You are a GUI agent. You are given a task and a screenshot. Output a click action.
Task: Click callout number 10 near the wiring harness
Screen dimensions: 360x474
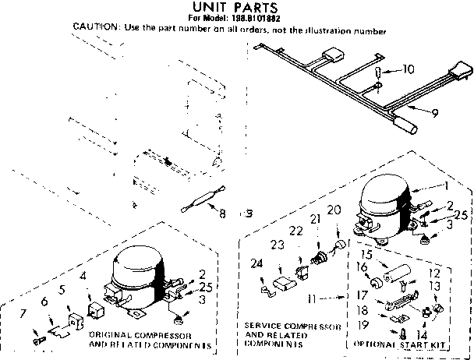click(407, 70)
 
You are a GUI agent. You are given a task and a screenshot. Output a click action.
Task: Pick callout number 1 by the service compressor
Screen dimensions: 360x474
click(444, 186)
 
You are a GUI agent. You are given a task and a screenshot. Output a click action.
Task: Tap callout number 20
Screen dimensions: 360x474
click(334, 210)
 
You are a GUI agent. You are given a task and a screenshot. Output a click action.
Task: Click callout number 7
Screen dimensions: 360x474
click(23, 314)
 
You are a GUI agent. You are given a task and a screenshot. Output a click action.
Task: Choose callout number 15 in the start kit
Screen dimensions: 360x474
click(366, 255)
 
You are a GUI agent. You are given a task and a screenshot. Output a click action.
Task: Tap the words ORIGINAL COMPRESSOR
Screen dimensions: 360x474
click(130, 335)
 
